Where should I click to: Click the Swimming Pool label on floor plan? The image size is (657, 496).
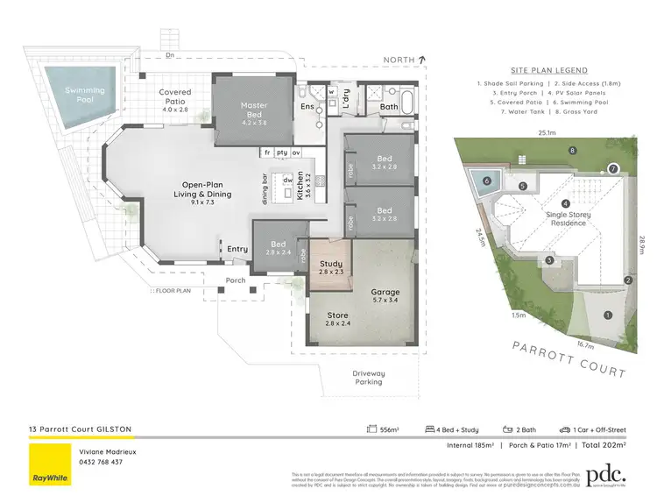pos(84,95)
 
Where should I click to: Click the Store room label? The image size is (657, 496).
pos(337,319)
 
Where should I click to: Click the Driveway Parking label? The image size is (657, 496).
pos(369,378)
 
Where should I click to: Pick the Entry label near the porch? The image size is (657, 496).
pos(237,249)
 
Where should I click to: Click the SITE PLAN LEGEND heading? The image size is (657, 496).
pos(548,69)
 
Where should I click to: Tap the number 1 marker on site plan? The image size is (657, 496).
pos(607,315)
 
